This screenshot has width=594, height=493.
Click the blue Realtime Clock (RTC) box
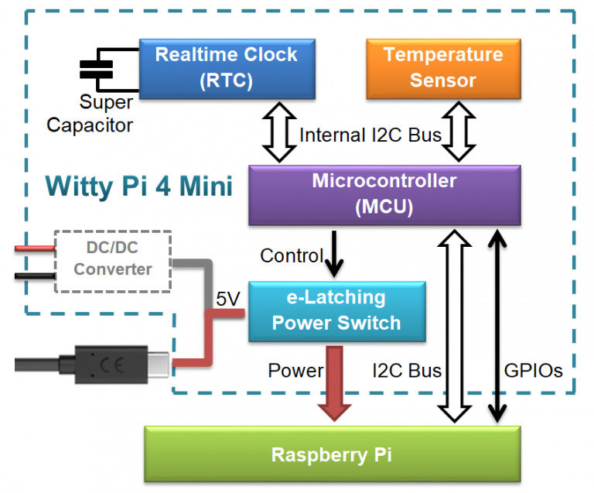(x=227, y=67)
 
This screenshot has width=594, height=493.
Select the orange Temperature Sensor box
(x=443, y=67)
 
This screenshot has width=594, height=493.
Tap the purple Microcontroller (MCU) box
(x=384, y=195)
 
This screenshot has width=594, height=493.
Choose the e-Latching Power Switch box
(x=336, y=311)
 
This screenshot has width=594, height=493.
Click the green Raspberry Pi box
(x=332, y=454)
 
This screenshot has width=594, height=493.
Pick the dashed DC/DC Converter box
(x=113, y=259)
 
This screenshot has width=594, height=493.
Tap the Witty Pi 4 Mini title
(x=139, y=187)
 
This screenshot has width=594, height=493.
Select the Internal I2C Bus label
(x=370, y=135)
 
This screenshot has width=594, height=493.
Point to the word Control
(x=292, y=255)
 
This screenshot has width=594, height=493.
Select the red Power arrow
(x=334, y=383)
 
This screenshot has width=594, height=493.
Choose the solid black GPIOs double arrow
(x=495, y=325)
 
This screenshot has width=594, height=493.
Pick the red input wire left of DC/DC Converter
(x=35, y=248)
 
